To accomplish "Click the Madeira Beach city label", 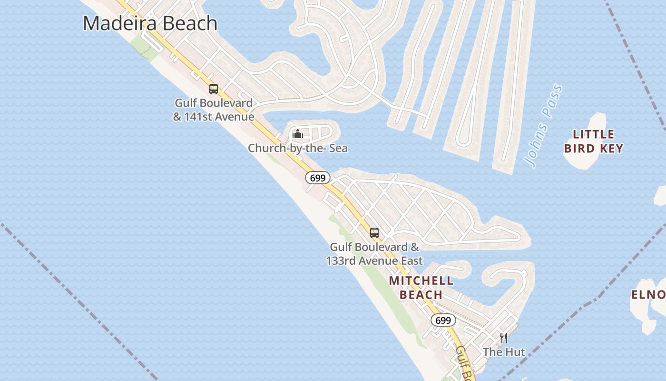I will click(x=150, y=23).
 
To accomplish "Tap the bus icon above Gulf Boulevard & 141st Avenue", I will click(x=214, y=89).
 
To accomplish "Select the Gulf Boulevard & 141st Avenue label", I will click(x=214, y=110).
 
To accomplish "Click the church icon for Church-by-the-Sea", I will click(x=298, y=134).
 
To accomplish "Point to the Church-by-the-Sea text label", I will click(x=298, y=148).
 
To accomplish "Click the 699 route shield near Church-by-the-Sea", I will click(x=317, y=178).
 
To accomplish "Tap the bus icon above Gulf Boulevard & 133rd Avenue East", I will click(x=374, y=232).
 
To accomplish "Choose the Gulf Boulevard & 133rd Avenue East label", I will click(x=374, y=254).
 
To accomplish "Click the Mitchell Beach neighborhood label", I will click(x=421, y=288).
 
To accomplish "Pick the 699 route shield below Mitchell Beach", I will click(x=443, y=321).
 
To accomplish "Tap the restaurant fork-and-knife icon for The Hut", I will click(x=503, y=338).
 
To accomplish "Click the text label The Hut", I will click(x=504, y=352).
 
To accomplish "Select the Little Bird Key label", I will click(x=594, y=141).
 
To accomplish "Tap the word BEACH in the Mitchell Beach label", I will click(x=421, y=295).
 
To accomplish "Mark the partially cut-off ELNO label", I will click(x=648, y=295).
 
